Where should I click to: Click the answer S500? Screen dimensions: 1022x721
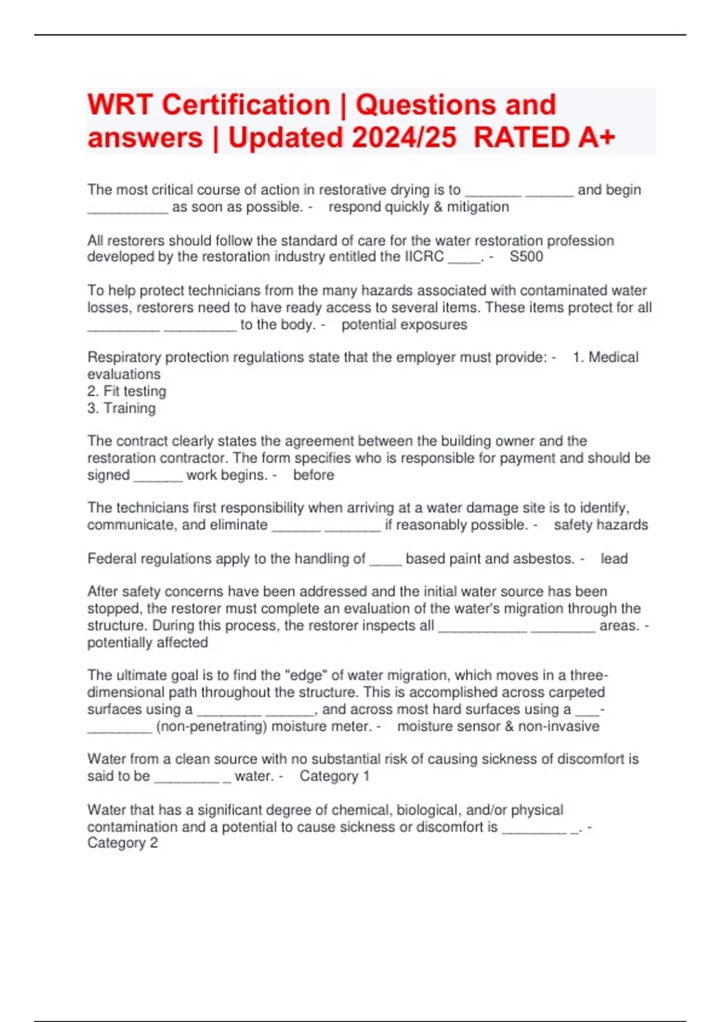[526, 257]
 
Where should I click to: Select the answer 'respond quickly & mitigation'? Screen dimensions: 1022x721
[418, 207]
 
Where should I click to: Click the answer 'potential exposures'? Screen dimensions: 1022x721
[404, 325]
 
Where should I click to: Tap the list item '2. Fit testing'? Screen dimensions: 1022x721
[127, 391]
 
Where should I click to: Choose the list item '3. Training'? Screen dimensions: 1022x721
[121, 408]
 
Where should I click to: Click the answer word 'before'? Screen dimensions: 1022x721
[313, 475]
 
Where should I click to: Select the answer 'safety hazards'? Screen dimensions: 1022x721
[601, 525]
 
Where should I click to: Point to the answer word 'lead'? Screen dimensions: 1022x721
[614, 558]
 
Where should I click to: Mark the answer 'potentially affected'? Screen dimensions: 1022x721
[148, 643]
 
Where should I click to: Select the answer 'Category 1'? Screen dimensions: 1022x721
[334, 776]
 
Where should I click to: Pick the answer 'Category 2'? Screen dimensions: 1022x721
[123, 843]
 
